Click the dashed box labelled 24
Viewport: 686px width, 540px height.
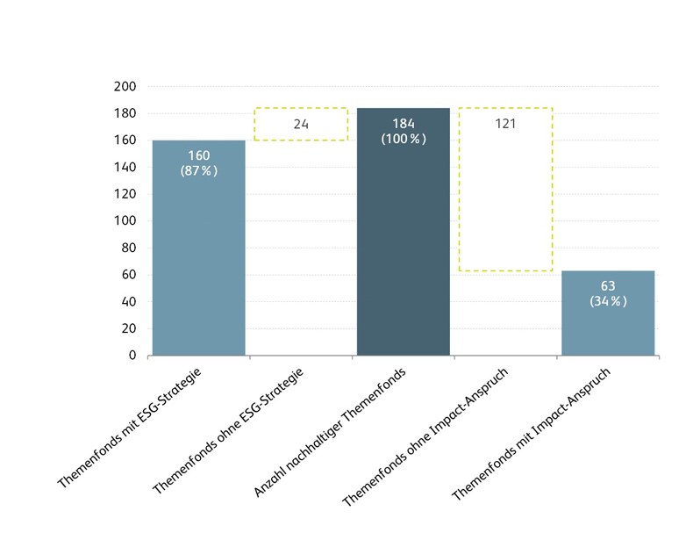click(x=301, y=125)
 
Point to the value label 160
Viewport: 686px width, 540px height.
click(x=199, y=155)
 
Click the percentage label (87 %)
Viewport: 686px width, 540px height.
click(x=199, y=170)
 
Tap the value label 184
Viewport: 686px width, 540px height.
click(x=404, y=124)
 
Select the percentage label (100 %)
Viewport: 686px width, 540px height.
click(x=404, y=139)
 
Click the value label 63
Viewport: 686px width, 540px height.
click(x=608, y=286)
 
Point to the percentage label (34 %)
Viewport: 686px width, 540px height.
click(x=608, y=301)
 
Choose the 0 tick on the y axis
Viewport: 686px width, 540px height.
click(x=132, y=356)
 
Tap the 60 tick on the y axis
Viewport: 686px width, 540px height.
click(x=129, y=275)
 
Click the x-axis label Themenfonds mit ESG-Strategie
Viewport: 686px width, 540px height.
click(x=130, y=428)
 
